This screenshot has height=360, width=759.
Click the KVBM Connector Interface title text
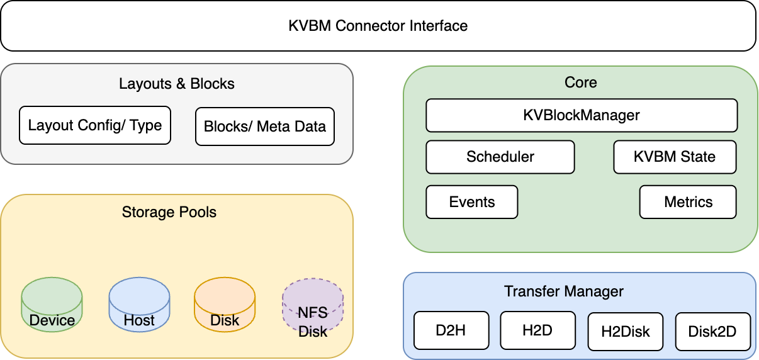point(378,26)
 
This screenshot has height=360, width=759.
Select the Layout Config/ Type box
point(95,125)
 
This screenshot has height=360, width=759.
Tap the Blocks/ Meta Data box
point(264,127)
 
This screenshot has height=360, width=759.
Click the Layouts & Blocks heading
point(176,84)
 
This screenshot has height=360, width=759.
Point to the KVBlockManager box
point(581,115)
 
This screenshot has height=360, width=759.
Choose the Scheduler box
point(500,157)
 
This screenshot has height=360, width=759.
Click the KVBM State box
point(675,157)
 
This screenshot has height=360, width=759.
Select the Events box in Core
point(471,202)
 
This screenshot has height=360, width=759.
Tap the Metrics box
point(688,202)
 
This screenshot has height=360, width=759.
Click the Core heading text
point(580,82)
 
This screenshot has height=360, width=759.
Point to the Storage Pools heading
point(169,212)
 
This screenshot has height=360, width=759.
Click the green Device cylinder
point(52,305)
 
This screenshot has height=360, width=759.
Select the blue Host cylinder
point(139,305)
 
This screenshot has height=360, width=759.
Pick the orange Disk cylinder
point(225,305)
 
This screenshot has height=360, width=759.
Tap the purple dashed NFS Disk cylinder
point(313,308)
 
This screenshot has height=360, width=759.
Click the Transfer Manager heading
point(563,291)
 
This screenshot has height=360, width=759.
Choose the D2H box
point(451,330)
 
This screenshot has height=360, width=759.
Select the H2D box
point(538,330)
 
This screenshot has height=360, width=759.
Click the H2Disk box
point(625,332)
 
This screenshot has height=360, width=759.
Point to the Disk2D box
point(712,332)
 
